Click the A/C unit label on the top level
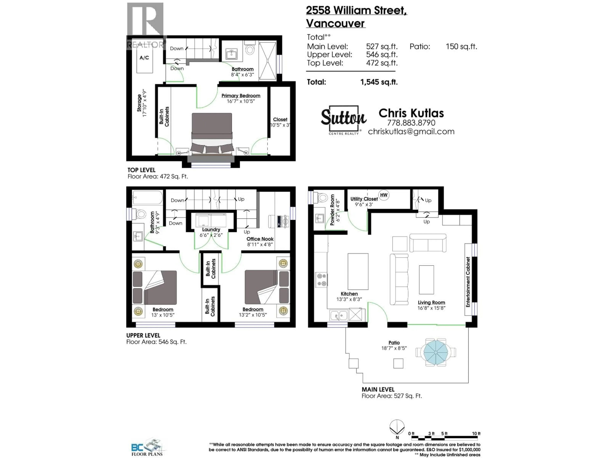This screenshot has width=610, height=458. point(144,58)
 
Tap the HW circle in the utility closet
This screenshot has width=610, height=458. point(384,195)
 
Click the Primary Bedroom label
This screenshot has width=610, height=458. point(241,96)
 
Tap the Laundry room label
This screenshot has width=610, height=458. point(211,229)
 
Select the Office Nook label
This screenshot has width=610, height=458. point(260,239)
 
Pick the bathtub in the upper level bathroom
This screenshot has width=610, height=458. point(148,197)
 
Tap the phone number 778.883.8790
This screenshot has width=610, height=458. point(411,123)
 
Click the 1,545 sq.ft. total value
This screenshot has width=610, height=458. point(379,82)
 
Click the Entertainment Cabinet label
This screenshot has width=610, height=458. point(468,282)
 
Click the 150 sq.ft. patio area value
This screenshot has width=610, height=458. point(461,46)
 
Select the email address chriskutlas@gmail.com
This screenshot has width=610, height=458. point(411,132)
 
